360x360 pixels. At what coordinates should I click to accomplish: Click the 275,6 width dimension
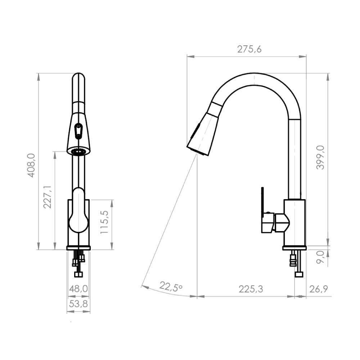pyautogui.click(x=249, y=50)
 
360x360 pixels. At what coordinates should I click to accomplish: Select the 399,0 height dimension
pyautogui.click(x=320, y=157)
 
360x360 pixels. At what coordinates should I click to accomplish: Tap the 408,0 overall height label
pyautogui.click(x=31, y=165)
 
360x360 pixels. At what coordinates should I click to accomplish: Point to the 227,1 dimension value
pyautogui.click(x=48, y=197)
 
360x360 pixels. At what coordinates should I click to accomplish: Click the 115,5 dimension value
pyautogui.click(x=105, y=222)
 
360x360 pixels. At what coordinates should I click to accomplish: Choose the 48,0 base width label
pyautogui.click(x=78, y=289)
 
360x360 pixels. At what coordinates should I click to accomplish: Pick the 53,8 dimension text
pyautogui.click(x=78, y=304)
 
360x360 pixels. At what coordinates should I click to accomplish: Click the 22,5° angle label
pyautogui.click(x=171, y=287)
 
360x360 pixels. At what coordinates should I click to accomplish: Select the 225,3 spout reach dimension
pyautogui.click(x=251, y=289)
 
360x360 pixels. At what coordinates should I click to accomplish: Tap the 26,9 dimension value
pyautogui.click(x=318, y=289)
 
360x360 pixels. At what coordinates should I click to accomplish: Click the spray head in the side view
pyautogui.click(x=203, y=135)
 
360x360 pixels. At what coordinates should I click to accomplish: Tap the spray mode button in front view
pyautogui.click(x=78, y=130)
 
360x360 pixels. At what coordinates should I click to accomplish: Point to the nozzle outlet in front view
pyautogui.click(x=79, y=152)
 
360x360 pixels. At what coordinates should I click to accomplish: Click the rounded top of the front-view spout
pyautogui.click(x=78, y=77)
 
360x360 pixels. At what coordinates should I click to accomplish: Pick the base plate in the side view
pyautogui.click(x=294, y=248)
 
